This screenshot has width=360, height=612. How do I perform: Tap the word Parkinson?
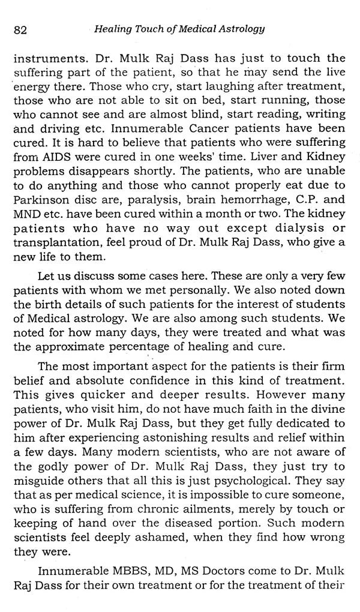pyautogui.click(x=43, y=209)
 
